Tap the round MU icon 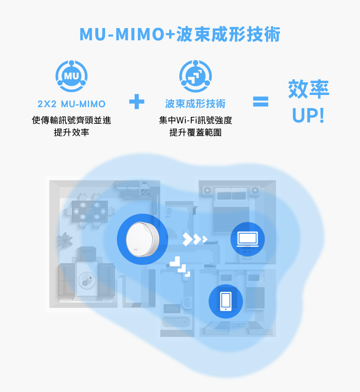[71, 77]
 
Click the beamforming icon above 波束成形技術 [195, 77]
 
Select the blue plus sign [137, 102]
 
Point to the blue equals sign [261, 102]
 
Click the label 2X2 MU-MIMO [72, 104]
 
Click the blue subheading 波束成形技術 [195, 104]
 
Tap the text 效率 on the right [309, 90]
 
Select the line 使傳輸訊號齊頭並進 [72, 120]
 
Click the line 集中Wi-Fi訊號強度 [195, 120]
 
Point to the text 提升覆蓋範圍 [195, 133]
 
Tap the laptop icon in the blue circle [247, 239]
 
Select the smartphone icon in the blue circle [226, 301]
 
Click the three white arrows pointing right [195, 239]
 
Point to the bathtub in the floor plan [175, 322]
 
